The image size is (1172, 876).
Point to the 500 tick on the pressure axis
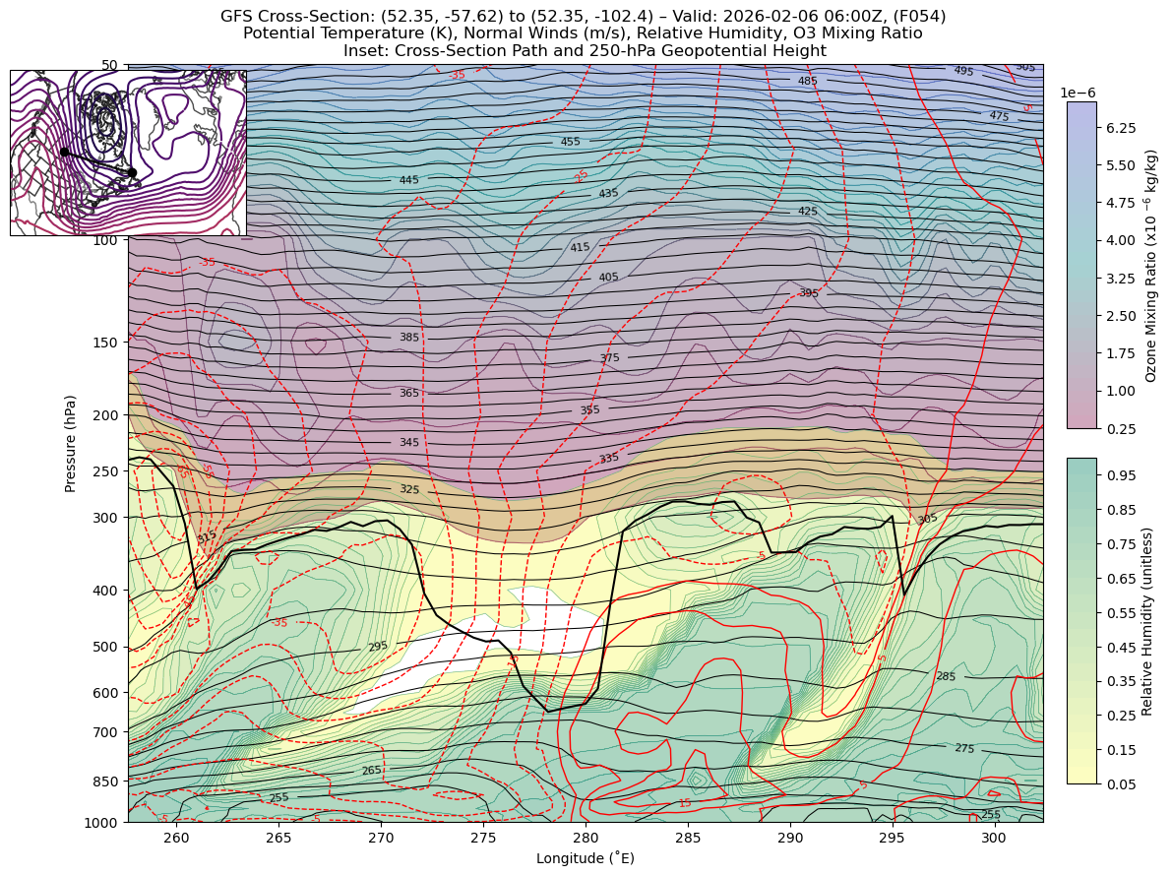(x=103, y=647)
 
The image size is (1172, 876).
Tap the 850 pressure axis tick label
(x=103, y=782)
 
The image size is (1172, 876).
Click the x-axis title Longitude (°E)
(x=585, y=859)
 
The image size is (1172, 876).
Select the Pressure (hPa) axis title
(x=71, y=443)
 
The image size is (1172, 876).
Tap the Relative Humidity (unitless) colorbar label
(x=1147, y=620)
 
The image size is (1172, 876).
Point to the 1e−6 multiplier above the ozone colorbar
(x=1078, y=93)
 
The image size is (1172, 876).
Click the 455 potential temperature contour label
(x=571, y=142)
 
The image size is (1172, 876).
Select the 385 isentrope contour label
(x=409, y=338)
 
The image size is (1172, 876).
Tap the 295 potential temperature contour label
(x=378, y=647)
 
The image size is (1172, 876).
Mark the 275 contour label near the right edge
(x=964, y=749)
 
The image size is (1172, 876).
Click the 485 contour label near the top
(x=808, y=81)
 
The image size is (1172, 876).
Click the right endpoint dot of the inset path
(x=132, y=172)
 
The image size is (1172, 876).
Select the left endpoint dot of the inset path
(x=65, y=152)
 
